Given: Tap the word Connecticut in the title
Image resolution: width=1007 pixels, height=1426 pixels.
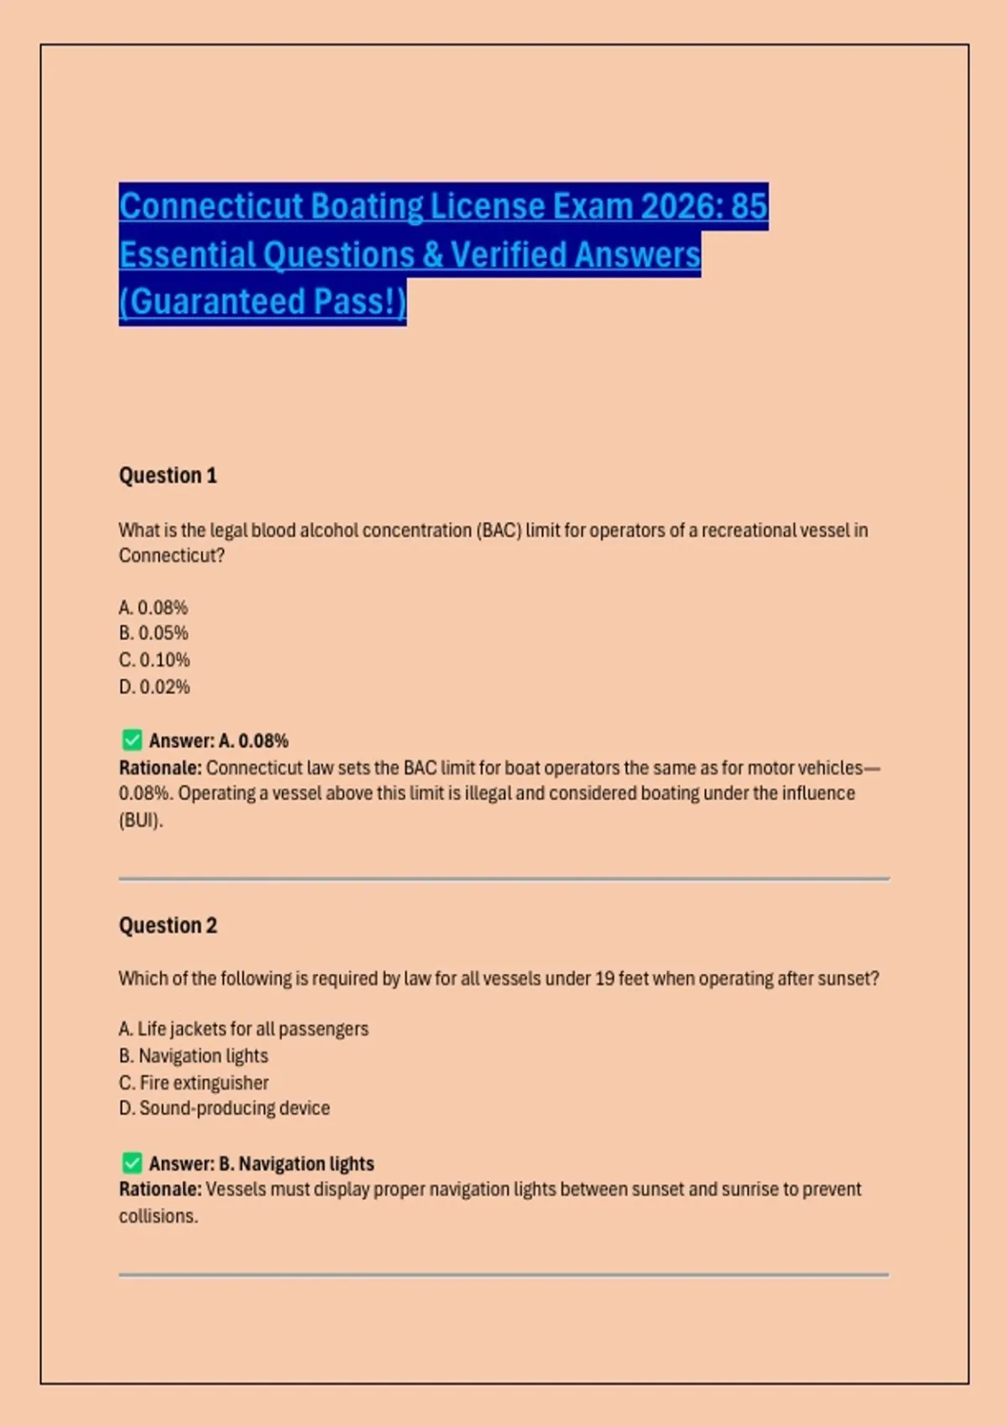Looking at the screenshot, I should coord(211,206).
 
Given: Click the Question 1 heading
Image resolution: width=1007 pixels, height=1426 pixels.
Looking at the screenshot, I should coord(168,476).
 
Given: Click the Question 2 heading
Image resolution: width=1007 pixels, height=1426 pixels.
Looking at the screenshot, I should coord(168,925).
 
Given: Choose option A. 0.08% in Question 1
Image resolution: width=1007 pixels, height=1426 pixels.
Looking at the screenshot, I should coord(154,607).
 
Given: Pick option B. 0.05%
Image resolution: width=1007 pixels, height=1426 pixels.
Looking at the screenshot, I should coord(154,633).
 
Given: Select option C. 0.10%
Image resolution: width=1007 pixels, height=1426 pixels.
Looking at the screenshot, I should coord(154,660).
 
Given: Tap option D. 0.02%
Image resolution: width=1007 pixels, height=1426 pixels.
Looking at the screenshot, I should coord(154,687).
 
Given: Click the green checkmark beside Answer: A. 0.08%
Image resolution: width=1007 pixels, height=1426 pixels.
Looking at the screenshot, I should coord(132,740).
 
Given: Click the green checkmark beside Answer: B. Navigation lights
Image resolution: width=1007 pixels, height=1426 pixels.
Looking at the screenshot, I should coord(132,1163).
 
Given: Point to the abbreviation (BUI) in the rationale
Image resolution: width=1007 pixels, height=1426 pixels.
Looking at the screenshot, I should coord(140,820).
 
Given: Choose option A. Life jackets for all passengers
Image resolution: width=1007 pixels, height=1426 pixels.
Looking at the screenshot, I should coord(243,1029).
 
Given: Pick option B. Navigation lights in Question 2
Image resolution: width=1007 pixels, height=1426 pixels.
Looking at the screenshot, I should coord(194,1056).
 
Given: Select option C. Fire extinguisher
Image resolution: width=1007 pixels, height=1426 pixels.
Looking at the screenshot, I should coord(194,1083).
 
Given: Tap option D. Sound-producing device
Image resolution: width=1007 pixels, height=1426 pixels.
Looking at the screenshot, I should coord(224,1109).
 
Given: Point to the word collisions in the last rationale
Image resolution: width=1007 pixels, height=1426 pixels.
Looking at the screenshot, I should coord(158,1216).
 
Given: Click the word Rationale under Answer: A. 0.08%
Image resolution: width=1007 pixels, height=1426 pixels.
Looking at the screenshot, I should coord(159,768).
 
